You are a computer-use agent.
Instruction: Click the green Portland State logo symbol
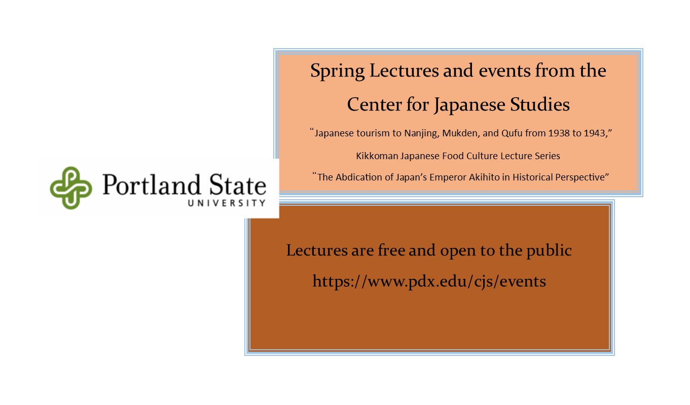71,188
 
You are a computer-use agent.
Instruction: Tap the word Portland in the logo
152,185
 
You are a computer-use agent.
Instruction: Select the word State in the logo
237,185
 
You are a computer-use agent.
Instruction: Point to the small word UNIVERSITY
227,203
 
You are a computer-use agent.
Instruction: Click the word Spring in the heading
337,71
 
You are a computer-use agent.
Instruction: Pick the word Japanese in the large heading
469,105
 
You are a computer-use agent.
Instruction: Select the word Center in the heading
374,104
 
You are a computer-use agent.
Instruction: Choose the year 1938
559,133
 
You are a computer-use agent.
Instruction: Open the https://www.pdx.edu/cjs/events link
429,281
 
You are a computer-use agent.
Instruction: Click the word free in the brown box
391,250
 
